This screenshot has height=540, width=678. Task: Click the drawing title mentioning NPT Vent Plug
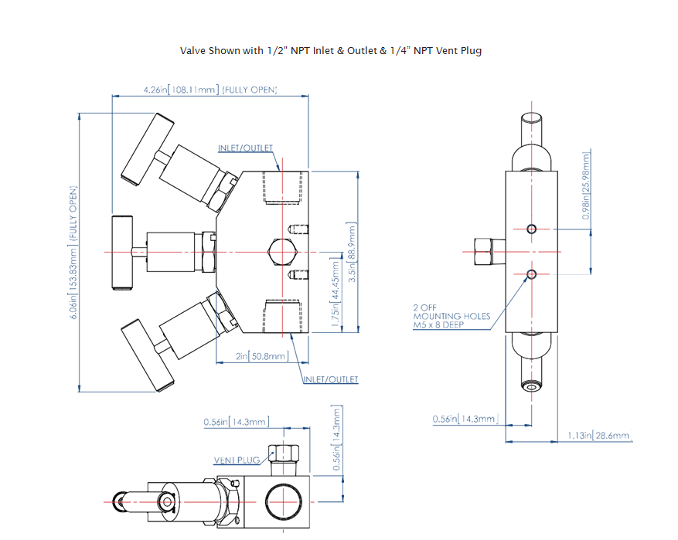(331, 50)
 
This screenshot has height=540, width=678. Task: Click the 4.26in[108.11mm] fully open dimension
(210, 90)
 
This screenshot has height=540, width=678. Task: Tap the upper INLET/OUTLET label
(245, 148)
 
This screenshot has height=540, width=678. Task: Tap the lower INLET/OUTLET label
(331, 379)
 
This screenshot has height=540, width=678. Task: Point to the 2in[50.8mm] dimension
(262, 356)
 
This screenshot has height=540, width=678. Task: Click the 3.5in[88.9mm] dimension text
(353, 254)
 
